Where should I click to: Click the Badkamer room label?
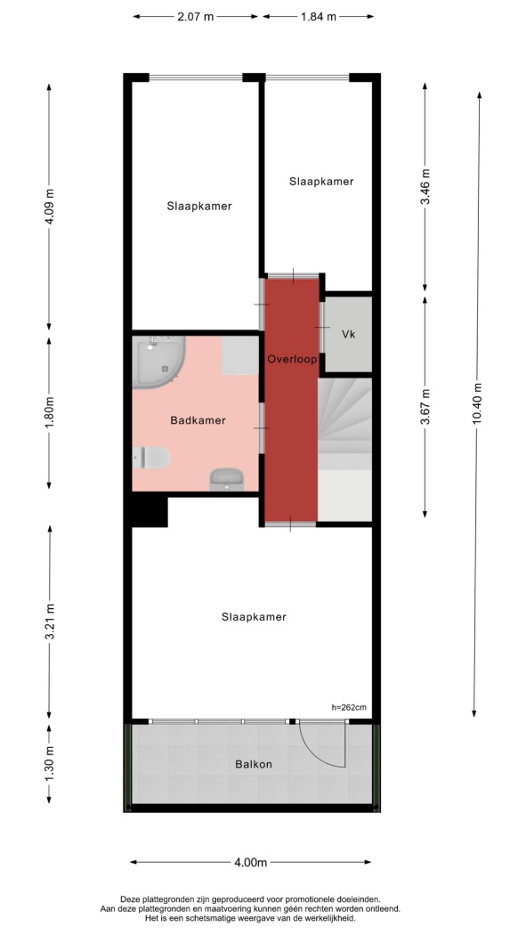pos(198,420)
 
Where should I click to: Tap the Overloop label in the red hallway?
pos(292,360)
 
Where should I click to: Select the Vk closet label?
pos(349,335)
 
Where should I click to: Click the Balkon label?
pos(253,764)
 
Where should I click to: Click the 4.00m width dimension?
pos(251,862)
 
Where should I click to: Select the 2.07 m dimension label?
pos(195,17)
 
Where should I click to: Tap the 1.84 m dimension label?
pos(318,17)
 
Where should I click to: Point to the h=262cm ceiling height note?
pos(349,708)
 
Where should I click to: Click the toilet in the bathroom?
pos(152,458)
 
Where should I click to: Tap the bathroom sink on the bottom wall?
pos(226,479)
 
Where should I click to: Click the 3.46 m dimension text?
pos(425,186)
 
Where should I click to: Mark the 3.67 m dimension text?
pos(425,407)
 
